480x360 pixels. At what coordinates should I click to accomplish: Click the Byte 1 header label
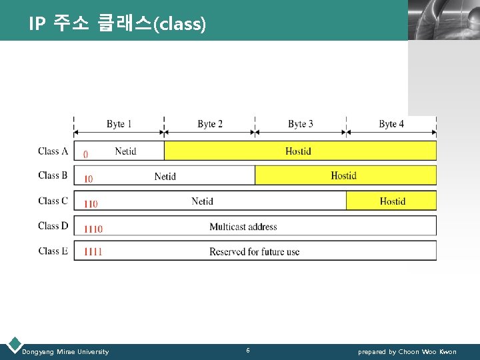pyautogui.click(x=119, y=124)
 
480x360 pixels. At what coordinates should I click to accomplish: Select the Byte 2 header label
pyautogui.click(x=210, y=124)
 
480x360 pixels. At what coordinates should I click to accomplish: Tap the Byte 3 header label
pyautogui.click(x=300, y=124)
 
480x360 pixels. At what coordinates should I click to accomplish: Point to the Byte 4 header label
pyautogui.click(x=391, y=124)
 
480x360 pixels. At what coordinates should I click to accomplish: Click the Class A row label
pyautogui.click(x=53, y=151)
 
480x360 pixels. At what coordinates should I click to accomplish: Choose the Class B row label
pyautogui.click(x=53, y=175)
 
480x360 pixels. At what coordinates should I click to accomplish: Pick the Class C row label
pyautogui.click(x=53, y=201)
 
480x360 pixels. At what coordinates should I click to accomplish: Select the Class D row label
pyautogui.click(x=53, y=226)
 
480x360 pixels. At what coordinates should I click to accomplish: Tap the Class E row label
pyautogui.click(x=53, y=251)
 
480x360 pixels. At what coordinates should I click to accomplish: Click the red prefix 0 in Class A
pyautogui.click(x=85, y=155)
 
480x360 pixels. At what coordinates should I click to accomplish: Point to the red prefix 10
pyautogui.click(x=88, y=179)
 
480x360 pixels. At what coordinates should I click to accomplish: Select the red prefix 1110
pyautogui.click(x=93, y=229)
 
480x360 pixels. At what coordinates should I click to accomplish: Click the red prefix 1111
pyautogui.click(x=93, y=252)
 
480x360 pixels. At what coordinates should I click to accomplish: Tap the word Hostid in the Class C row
pyautogui.click(x=392, y=201)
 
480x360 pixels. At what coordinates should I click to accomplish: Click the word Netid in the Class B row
pyautogui.click(x=165, y=177)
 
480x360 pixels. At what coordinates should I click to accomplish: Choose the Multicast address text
pyautogui.click(x=243, y=227)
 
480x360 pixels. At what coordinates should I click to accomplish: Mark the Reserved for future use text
pyautogui.click(x=254, y=252)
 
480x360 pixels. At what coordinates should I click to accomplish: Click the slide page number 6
pyautogui.click(x=248, y=351)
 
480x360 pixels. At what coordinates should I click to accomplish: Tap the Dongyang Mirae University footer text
pyautogui.click(x=65, y=352)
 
